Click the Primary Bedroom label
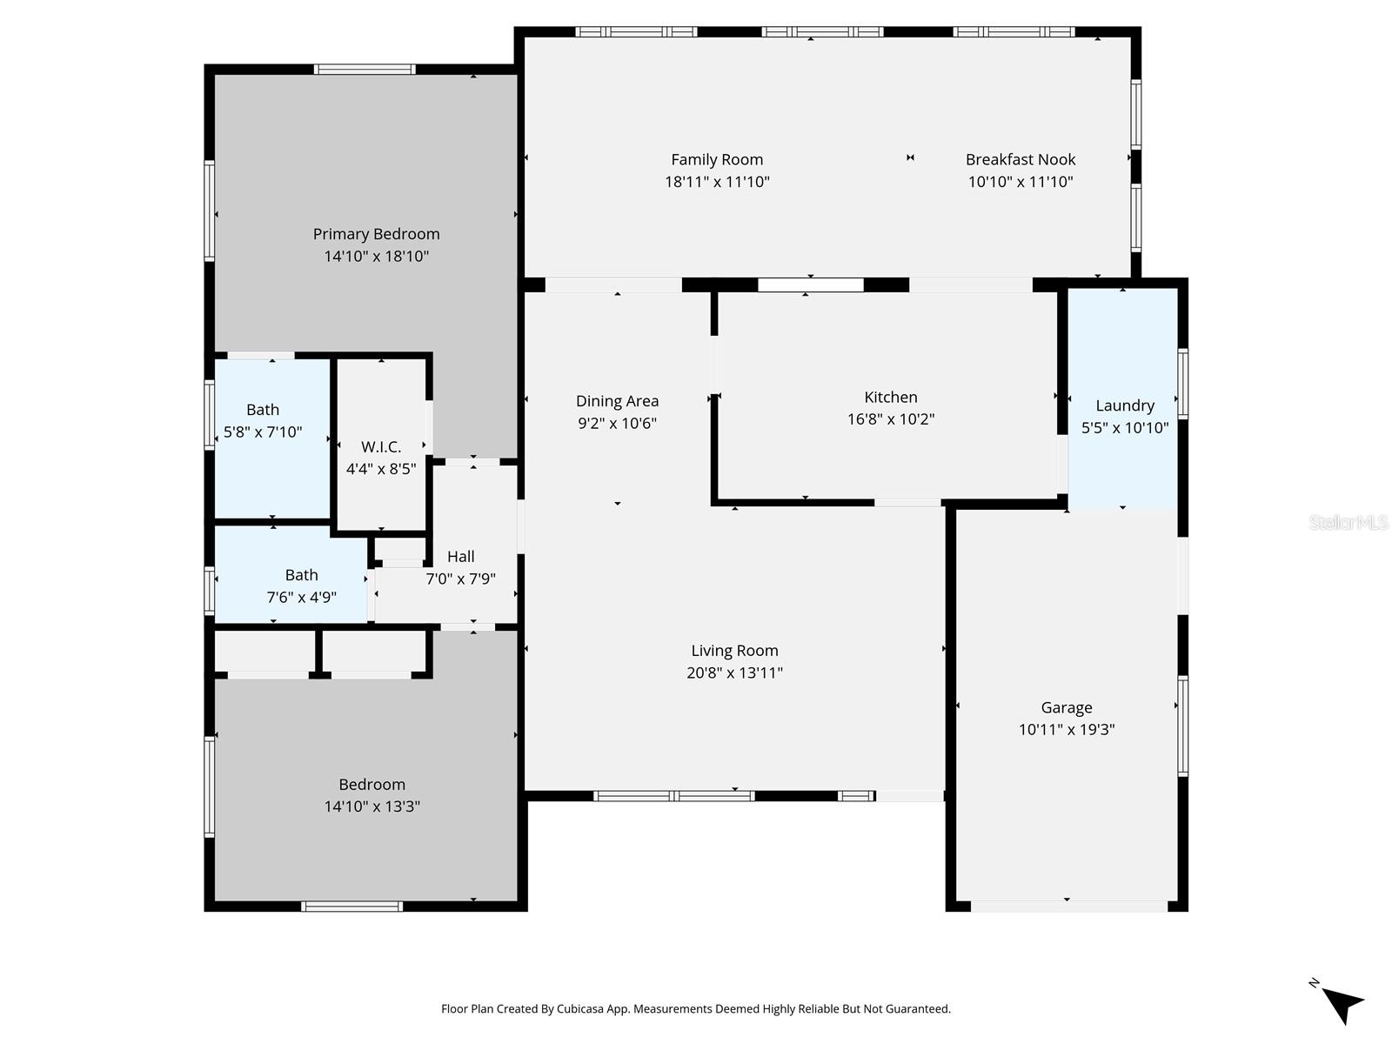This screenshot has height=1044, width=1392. coord(376,234)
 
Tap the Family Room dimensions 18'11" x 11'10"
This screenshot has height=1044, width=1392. coord(717,182)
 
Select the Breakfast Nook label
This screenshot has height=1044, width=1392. coord(1020,159)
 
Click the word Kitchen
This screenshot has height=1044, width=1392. coord(890,397)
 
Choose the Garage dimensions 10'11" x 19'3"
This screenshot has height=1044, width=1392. coord(1066,730)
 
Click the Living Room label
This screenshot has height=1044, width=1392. coord(734,651)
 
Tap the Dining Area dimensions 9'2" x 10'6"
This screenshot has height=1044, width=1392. coord(617,424)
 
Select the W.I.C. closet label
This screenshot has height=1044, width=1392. coord(381,447)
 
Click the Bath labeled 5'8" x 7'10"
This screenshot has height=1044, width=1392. coord(263,420)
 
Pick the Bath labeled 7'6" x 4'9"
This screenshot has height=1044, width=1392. coord(301,586)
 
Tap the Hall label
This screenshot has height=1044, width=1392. coord(460,557)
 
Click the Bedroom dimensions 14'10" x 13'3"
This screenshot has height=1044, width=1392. coord(371,806)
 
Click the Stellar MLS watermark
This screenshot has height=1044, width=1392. coord(1348,523)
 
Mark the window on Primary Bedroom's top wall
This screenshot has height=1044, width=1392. coord(365,70)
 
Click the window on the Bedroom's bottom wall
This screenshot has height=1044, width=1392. coord(351,907)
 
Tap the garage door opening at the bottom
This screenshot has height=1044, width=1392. coord(1068,907)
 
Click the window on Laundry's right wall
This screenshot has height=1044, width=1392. coord(1182,384)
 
